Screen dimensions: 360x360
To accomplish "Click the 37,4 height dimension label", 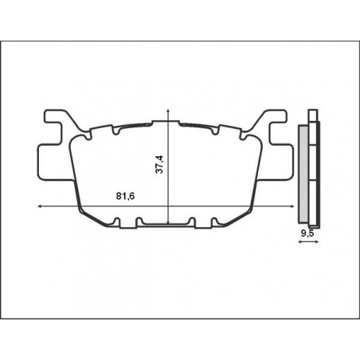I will pyautogui.click(x=160, y=164).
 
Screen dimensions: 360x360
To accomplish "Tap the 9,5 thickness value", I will pyautogui.click(x=305, y=233).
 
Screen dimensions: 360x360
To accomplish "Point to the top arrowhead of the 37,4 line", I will pyautogui.click(x=169, y=111).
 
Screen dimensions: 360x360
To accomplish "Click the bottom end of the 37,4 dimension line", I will pyautogui.click(x=169, y=226).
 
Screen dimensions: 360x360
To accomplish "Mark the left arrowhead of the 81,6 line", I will pyautogui.click(x=40, y=207).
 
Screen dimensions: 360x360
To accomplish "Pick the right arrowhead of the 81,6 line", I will pyautogui.click(x=296, y=207).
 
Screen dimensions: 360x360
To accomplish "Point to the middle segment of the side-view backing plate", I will pyautogui.click(x=314, y=171).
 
